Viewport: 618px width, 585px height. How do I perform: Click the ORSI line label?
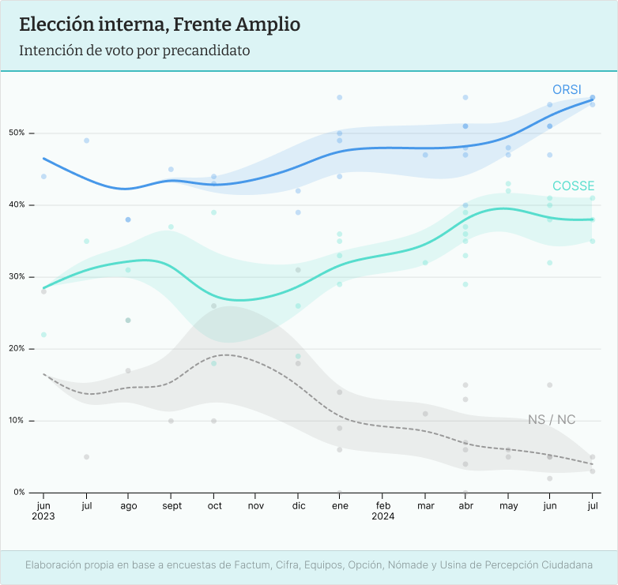pyautogui.click(x=567, y=90)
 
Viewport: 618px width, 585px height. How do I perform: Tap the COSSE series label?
pyautogui.click(x=573, y=186)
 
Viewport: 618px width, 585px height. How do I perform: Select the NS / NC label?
pyautogui.click(x=552, y=419)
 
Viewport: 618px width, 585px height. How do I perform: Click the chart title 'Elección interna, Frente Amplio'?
pyautogui.click(x=159, y=24)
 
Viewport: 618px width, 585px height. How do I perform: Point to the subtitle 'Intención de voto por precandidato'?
pyautogui.click(x=134, y=51)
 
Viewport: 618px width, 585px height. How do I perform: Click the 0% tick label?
pyautogui.click(x=19, y=493)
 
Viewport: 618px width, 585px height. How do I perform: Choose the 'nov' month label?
pyautogui.click(x=256, y=505)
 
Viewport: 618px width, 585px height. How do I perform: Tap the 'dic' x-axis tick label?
pyautogui.click(x=298, y=505)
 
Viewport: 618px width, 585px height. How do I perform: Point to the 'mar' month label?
pyautogui.click(x=425, y=505)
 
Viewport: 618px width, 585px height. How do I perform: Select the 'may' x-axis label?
pyautogui.click(x=509, y=505)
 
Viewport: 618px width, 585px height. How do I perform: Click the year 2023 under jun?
pyautogui.click(x=43, y=516)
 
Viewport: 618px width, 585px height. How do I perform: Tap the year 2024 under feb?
pyautogui.click(x=382, y=516)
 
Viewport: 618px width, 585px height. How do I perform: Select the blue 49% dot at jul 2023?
pyautogui.click(x=86, y=141)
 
